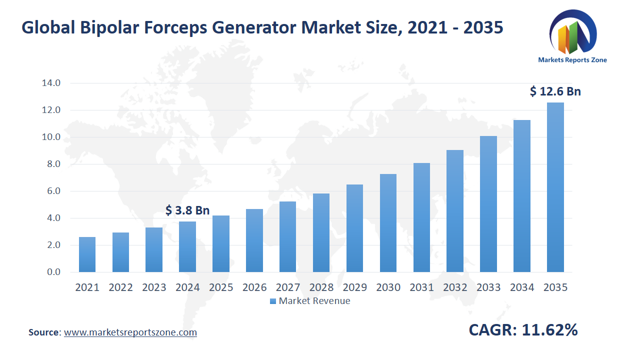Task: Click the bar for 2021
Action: pos(87,254)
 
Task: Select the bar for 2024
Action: pos(187,247)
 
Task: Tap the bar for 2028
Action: pos(321,233)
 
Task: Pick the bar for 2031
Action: pos(421,217)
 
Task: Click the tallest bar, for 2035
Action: pos(555,187)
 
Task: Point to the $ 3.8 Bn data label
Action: pos(187,210)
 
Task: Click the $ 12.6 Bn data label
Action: pos(555,91)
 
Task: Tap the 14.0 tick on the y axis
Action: pos(50,83)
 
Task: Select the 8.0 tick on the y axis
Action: pos(50,164)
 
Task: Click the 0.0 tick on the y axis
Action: pos(50,272)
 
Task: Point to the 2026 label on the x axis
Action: pos(254,287)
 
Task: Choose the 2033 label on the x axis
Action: pos(488,287)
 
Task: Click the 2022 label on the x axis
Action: pos(120,287)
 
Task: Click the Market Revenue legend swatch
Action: pos(273,301)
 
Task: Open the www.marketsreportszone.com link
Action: pos(130,332)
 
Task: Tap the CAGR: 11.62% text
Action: pos(523,330)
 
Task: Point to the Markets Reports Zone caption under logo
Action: pos(572,60)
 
